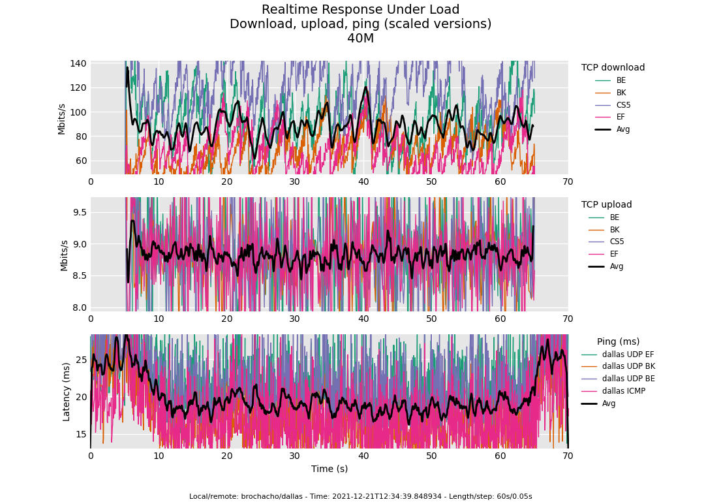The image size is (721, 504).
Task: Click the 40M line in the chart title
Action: point(360,39)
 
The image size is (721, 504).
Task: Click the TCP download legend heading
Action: point(613,67)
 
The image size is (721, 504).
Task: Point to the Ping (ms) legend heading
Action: point(618,341)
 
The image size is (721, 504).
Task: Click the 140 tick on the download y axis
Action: point(78,63)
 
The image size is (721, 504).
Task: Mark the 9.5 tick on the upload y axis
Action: point(80,212)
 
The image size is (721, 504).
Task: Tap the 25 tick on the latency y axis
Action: point(81,360)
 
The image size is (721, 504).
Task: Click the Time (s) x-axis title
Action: point(330,469)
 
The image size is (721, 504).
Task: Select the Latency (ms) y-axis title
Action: point(66,392)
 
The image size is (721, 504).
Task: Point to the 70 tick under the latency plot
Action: point(568,456)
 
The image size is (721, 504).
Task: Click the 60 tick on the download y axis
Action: point(81,161)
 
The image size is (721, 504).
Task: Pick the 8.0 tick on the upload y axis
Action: point(80,307)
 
